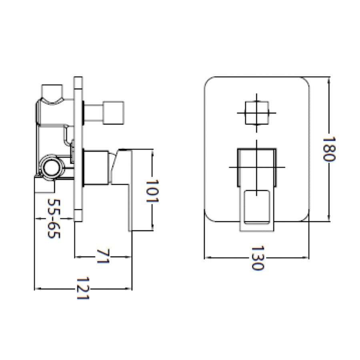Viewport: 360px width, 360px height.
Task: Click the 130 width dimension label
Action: (257, 258)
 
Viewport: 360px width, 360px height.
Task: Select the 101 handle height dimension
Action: (152, 190)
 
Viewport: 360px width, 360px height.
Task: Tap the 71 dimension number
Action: (103, 256)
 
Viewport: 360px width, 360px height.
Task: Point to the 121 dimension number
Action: (83, 288)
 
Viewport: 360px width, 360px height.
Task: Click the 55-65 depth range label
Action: (54, 218)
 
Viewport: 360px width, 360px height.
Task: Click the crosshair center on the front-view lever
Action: (256, 166)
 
